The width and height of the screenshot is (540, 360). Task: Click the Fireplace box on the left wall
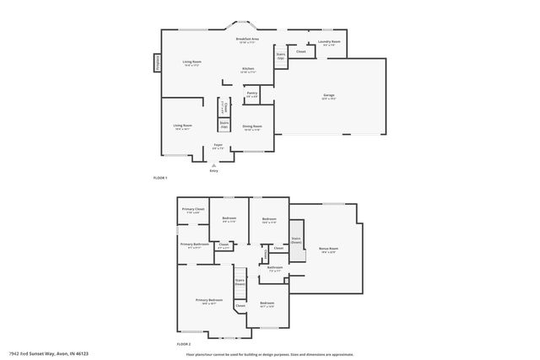pyautogui.click(x=157, y=63)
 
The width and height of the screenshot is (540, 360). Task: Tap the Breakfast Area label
pyautogui.click(x=247, y=40)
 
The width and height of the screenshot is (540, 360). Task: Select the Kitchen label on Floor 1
pyautogui.click(x=248, y=69)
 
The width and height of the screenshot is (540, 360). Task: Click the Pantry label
pyautogui.click(x=251, y=93)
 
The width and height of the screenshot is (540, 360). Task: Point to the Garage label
pyautogui.click(x=328, y=95)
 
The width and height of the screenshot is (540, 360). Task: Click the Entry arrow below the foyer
pyautogui.click(x=213, y=165)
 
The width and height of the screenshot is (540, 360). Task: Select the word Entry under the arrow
pyautogui.click(x=213, y=171)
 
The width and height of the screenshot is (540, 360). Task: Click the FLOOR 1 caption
pyautogui.click(x=160, y=178)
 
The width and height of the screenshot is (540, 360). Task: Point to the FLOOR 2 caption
pyautogui.click(x=184, y=344)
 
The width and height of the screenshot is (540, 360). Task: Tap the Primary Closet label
pyautogui.click(x=193, y=209)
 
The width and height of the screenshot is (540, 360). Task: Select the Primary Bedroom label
pyautogui.click(x=209, y=300)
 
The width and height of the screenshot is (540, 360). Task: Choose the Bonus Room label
pyautogui.click(x=328, y=249)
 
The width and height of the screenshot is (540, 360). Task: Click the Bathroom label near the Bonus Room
pyautogui.click(x=275, y=268)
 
